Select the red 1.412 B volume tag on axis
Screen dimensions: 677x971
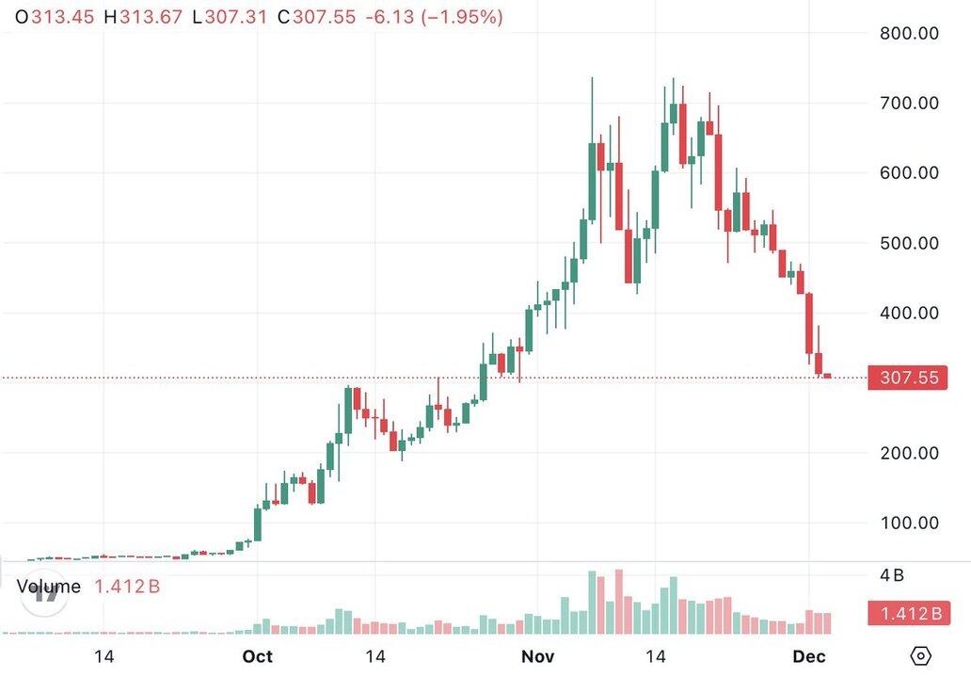point(909,615)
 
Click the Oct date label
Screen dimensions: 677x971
point(257,655)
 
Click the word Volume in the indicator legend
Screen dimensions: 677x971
point(49,587)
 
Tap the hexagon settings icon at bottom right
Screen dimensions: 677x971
point(921,655)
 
